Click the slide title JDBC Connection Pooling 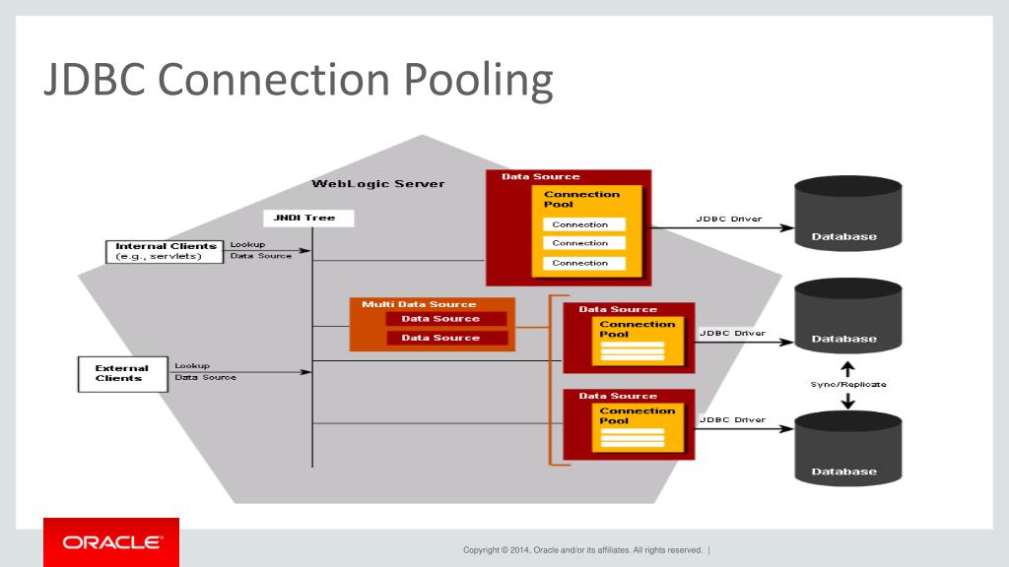pyautogui.click(x=298, y=81)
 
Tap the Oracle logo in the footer pyautogui.click(x=111, y=542)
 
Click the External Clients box pyautogui.click(x=122, y=373)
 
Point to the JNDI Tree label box pyautogui.click(x=307, y=218)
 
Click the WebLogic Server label pyautogui.click(x=377, y=184)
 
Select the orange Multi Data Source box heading pyautogui.click(x=418, y=304)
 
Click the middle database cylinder pyautogui.click(x=847, y=316)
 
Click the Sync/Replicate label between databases pyautogui.click(x=847, y=384)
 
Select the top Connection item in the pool pyautogui.click(x=579, y=224)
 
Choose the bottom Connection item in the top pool pyautogui.click(x=579, y=263)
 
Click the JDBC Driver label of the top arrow pyautogui.click(x=728, y=219)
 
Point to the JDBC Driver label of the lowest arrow pyautogui.click(x=732, y=419)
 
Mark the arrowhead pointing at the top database pyautogui.click(x=787, y=228)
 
